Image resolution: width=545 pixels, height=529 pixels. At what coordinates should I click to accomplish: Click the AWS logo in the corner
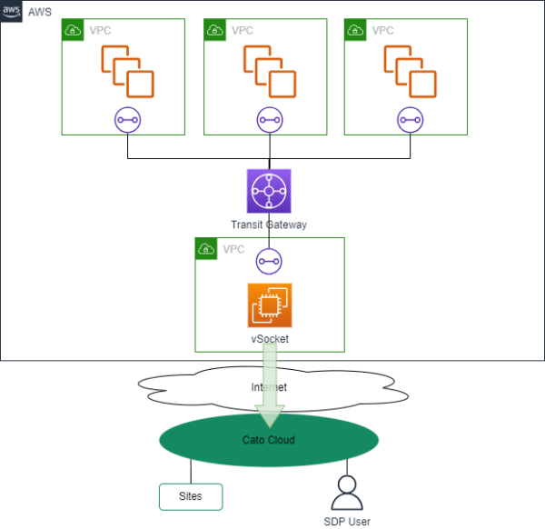pyautogui.click(x=11, y=10)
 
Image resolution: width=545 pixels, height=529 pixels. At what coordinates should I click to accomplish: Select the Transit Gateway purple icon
pyautogui.click(x=269, y=191)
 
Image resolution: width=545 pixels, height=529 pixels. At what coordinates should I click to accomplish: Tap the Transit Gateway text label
pyautogui.click(x=269, y=224)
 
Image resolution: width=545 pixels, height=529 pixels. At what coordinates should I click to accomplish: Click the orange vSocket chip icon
pyautogui.click(x=270, y=305)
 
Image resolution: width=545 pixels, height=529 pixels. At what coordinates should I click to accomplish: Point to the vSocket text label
pyautogui.click(x=270, y=338)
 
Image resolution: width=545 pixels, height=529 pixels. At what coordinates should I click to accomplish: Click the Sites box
pyautogui.click(x=191, y=496)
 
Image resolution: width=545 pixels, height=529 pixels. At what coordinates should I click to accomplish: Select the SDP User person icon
pyautogui.click(x=346, y=493)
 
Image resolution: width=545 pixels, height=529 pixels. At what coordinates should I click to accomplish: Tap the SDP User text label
pyautogui.click(x=346, y=521)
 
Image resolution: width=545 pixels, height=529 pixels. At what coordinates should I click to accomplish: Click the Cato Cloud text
pyautogui.click(x=269, y=440)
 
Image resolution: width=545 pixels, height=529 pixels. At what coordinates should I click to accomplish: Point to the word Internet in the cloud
pyautogui.click(x=269, y=387)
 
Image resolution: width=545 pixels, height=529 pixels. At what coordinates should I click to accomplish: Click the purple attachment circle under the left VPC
pyautogui.click(x=127, y=119)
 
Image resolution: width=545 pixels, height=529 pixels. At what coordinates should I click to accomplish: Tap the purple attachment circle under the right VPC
pyautogui.click(x=411, y=119)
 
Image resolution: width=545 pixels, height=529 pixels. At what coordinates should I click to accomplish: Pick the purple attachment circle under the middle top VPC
pyautogui.click(x=269, y=119)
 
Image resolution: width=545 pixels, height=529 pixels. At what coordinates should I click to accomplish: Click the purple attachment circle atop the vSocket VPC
pyautogui.click(x=269, y=260)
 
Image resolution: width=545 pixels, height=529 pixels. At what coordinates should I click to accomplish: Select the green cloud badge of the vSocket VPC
pyautogui.click(x=206, y=248)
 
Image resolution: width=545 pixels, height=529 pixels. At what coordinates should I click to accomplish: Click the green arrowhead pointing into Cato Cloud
pyautogui.click(x=270, y=415)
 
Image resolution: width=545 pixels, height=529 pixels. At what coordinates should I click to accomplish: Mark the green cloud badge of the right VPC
pyautogui.click(x=355, y=30)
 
